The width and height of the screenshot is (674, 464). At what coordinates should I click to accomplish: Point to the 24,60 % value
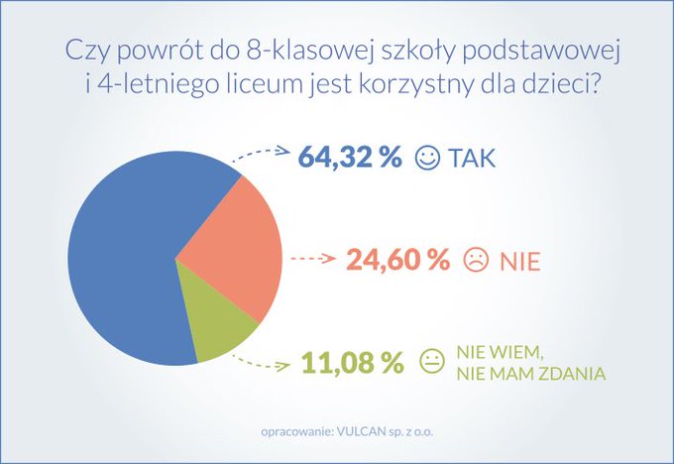point(397,261)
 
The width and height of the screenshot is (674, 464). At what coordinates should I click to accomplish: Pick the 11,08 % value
point(353,363)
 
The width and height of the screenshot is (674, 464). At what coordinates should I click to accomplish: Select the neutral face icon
point(431,363)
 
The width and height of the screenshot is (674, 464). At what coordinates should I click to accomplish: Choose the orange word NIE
point(519,262)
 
